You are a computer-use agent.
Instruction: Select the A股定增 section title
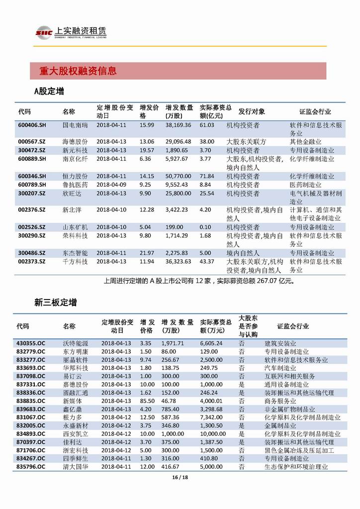48,92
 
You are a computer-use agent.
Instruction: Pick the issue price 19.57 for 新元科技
147,150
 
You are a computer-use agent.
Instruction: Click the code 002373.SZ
32,262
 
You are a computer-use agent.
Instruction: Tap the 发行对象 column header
252,111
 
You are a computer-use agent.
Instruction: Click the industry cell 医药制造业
305,185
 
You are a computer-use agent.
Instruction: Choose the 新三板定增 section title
55,303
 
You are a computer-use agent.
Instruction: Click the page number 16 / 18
180,477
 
